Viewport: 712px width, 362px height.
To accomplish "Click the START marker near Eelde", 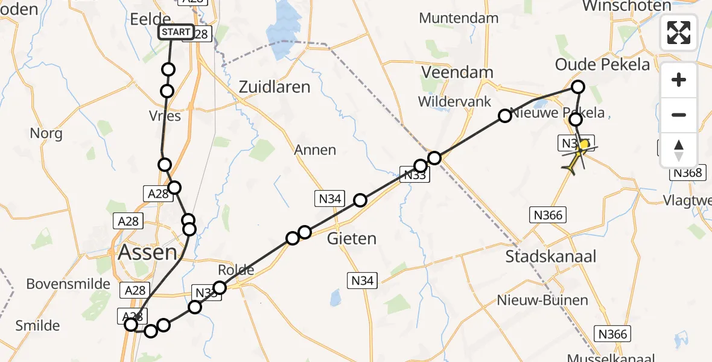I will click(176, 32).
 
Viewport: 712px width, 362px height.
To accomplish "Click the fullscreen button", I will click(679, 32).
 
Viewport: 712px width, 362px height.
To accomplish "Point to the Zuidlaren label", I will click(275, 87).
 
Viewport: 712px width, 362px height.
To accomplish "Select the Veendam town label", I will click(457, 72).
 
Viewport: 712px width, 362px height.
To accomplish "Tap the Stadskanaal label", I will click(550, 256).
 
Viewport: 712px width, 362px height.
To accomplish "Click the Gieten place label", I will click(351, 238).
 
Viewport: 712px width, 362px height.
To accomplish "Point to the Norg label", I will click(46, 133).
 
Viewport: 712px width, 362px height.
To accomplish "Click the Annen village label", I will click(315, 150).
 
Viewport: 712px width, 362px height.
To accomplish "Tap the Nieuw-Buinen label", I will click(535, 300).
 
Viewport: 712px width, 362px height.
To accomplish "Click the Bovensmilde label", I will click(69, 284).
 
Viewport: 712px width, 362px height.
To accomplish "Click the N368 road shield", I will click(687, 173).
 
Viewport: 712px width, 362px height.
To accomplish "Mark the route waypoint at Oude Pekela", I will click(578, 87).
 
